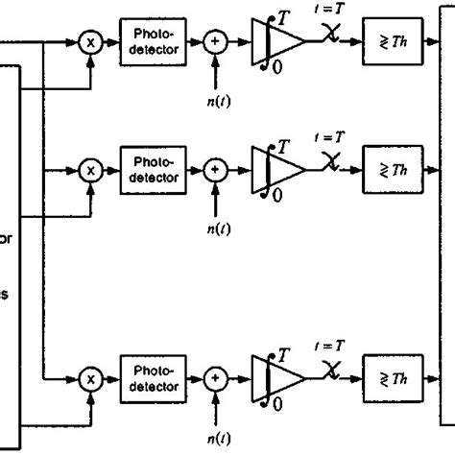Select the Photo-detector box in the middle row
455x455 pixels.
[149, 169]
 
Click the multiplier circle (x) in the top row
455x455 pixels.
[92, 43]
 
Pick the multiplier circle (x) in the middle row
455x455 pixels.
[92, 170]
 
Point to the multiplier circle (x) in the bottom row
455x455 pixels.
[92, 380]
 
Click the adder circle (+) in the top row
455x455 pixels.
[215, 43]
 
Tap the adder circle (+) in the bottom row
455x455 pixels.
[215, 380]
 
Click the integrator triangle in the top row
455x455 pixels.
[278, 43]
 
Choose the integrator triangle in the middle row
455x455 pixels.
[278, 170]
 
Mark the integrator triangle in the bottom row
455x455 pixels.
[278, 380]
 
